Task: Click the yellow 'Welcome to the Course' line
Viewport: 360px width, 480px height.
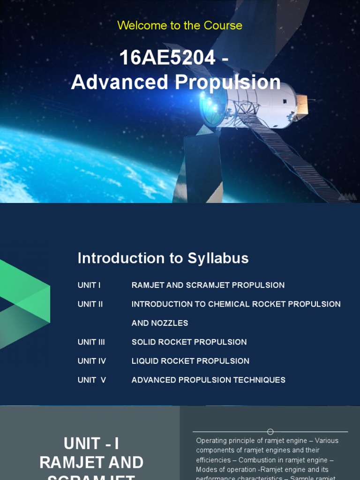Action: click(180, 25)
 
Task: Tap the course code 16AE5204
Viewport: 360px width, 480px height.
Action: click(167, 58)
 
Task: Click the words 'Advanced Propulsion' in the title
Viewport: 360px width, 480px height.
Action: click(176, 82)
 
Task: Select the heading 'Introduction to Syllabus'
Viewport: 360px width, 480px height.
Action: click(163, 258)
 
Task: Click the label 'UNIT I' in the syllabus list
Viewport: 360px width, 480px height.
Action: click(89, 285)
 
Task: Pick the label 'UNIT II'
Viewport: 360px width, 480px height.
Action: click(90, 304)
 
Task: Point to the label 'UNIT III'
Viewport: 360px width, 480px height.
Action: click(91, 342)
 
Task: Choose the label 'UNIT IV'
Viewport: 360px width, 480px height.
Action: click(91, 361)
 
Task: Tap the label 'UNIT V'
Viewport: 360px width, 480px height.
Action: click(91, 380)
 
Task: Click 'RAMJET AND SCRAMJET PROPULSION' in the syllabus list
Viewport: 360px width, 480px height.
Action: click(208, 285)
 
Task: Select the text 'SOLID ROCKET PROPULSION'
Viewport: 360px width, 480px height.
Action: click(189, 342)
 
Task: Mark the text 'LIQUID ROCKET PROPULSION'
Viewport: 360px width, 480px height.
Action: click(190, 361)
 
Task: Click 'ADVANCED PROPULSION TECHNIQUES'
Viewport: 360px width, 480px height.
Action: click(208, 380)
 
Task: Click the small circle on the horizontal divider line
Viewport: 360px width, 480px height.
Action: click(270, 432)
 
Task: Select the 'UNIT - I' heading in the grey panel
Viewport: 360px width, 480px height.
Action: click(91, 443)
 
